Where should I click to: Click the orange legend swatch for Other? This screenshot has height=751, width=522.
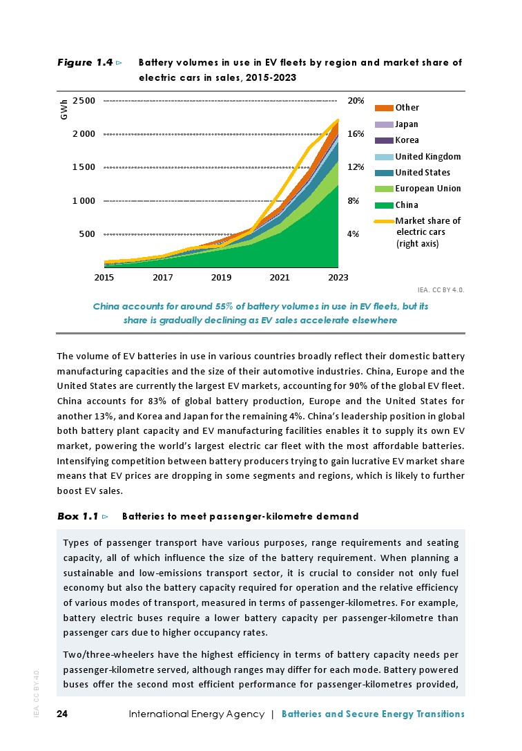click(384, 108)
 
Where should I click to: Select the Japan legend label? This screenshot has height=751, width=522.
click(407, 124)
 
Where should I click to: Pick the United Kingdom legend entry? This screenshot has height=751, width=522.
click(427, 156)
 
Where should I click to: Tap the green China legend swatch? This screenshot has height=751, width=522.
click(384, 205)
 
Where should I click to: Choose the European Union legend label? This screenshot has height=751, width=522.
click(428, 189)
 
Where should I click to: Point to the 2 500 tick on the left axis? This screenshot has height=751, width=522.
click(84, 101)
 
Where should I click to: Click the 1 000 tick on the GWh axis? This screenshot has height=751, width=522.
click(84, 201)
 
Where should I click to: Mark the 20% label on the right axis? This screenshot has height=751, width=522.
click(355, 101)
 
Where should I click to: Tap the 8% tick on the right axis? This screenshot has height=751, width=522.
click(353, 201)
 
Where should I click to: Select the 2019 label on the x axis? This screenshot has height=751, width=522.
click(221, 278)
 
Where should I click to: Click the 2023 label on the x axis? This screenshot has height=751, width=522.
click(338, 278)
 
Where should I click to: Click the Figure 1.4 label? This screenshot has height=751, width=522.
click(84, 63)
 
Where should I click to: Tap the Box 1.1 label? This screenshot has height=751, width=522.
click(77, 516)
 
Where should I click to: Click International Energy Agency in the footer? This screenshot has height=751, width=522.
click(196, 714)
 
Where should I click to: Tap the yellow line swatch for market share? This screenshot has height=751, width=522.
click(384, 221)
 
